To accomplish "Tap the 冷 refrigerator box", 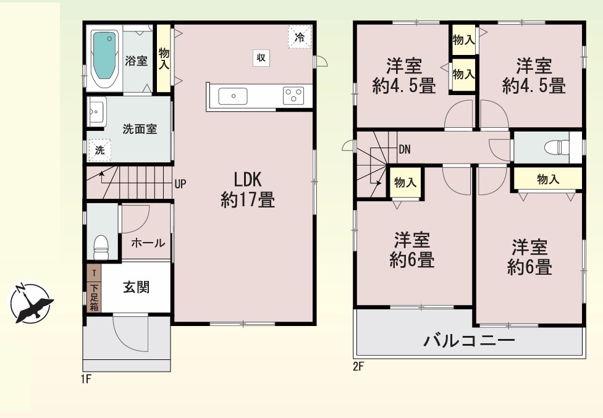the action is coord(300,37).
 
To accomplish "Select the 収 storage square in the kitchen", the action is coord(261,58).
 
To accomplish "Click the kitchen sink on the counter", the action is coord(233,96).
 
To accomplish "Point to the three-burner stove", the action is coord(293,96).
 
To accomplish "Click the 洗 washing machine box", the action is coord(100,150).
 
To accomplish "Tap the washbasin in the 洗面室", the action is coord(96,111).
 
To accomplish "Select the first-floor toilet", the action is coord(101,247).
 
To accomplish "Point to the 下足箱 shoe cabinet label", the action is coord(94,297).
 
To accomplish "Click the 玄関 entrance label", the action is coord(136,287).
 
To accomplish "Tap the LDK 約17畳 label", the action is coord(248,190).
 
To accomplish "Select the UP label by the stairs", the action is coord(180,184).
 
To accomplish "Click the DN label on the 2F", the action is coord(405,149).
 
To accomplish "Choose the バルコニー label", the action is coord(469,340).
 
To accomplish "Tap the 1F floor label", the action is coord(86,379).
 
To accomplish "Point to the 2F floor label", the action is coord(358,367).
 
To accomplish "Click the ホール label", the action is coord(148,243).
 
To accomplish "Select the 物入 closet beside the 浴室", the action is coord(164,59).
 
